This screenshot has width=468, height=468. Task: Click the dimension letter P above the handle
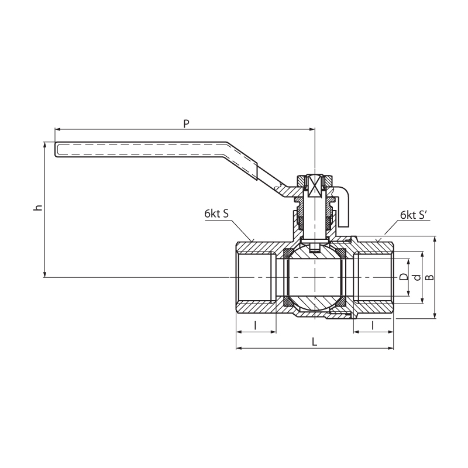click(186, 123)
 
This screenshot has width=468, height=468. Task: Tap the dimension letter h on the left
click(38, 207)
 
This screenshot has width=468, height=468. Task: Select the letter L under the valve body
click(314, 342)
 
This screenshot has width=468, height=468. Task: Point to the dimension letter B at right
click(429, 277)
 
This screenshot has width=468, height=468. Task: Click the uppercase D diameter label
click(404, 277)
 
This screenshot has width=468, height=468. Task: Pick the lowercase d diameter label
click(417, 277)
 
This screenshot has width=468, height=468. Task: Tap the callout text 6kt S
click(216, 214)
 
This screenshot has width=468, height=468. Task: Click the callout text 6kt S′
click(414, 215)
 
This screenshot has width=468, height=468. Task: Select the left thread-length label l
click(255, 325)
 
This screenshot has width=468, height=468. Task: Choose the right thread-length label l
click(373, 325)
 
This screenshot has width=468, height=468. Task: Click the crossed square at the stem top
click(315, 186)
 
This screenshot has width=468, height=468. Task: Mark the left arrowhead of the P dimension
click(57, 129)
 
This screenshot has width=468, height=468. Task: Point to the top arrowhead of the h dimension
click(45, 144)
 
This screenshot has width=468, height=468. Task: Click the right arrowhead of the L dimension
click(391, 348)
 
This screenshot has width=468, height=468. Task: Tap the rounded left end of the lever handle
click(57, 149)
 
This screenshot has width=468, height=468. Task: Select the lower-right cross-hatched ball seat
click(342, 302)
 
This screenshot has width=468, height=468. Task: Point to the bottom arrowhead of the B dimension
click(435, 315)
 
